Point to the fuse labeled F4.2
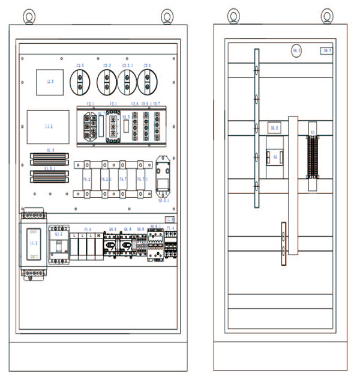coord(86,179)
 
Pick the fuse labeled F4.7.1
coord(142,179)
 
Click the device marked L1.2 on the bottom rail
coord(33,244)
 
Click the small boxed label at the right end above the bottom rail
coord(170,219)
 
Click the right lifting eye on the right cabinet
coord(326,16)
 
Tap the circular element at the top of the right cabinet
coord(296,51)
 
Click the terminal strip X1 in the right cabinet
coord(312,157)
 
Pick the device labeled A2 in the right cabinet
coord(275,158)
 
